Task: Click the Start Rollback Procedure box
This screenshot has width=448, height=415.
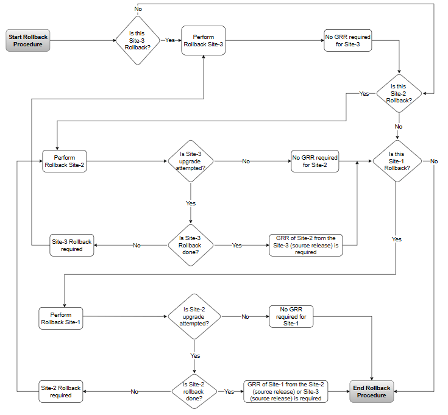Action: point(28,41)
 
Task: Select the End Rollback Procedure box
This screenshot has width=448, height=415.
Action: point(372,391)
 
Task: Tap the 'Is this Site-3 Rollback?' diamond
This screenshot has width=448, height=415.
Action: point(138,40)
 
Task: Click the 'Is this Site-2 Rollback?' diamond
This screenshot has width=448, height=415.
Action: point(398,94)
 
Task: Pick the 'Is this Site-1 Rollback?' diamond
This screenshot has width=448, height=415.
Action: point(397,161)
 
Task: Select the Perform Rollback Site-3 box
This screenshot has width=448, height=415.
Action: point(203,41)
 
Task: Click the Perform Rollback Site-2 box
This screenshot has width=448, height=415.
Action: point(64,161)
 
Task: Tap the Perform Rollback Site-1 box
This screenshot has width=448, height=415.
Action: point(61,317)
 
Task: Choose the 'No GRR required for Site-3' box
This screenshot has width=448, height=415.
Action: point(347,41)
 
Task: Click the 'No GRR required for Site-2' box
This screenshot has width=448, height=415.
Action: point(315,161)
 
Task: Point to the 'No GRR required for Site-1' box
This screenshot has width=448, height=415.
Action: point(291,317)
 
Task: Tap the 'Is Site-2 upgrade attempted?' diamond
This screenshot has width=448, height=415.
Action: point(194,317)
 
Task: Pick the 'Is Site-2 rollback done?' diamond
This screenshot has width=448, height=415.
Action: point(194,391)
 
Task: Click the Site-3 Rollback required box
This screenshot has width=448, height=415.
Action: point(71,246)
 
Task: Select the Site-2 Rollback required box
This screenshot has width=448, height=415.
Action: point(60,391)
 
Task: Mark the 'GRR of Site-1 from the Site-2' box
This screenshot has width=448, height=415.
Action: point(285,391)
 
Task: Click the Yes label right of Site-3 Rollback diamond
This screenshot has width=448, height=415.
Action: point(169,40)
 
